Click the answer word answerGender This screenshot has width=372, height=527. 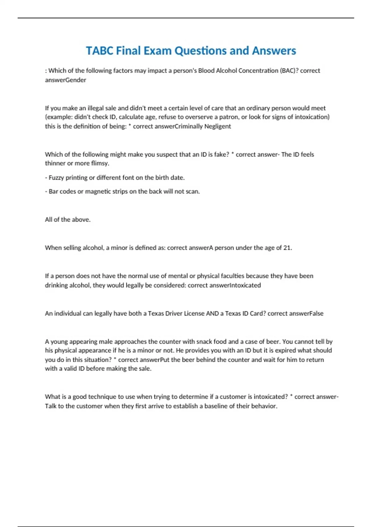[x=65, y=80]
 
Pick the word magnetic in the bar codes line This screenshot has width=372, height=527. [x=98, y=192]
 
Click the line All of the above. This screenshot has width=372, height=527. [x=68, y=219]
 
